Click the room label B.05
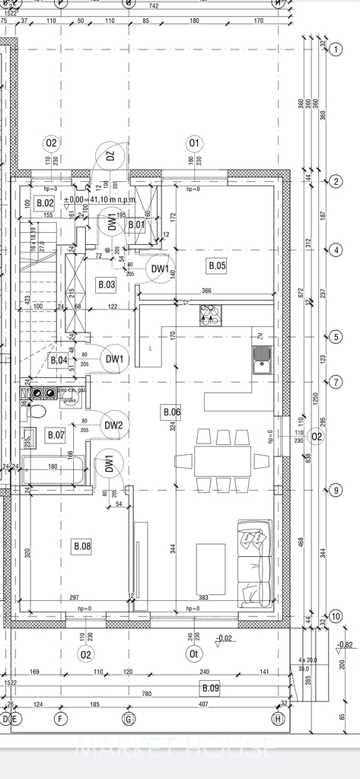[217, 265]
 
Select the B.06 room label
[171, 412]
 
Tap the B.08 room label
[81, 545]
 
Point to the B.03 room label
[106, 285]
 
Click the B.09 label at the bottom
[209, 688]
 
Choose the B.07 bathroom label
[56, 435]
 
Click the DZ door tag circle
[110, 157]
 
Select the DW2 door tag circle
[113, 425]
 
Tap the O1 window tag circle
[194, 142]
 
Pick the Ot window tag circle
[194, 653]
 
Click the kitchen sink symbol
[262, 356]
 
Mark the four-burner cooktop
[209, 314]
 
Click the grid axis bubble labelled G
[129, 717]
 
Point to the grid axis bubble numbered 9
[336, 491]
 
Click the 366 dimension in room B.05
[206, 291]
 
